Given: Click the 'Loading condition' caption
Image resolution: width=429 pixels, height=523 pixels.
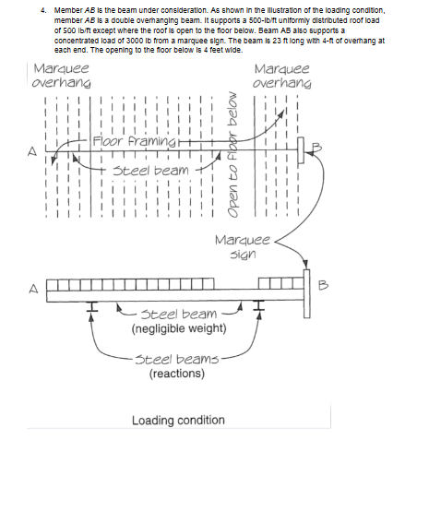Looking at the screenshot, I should point(178,421).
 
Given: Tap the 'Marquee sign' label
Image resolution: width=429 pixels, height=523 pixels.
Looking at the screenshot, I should point(241,246).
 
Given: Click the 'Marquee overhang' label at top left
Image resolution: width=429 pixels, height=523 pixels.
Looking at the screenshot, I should point(61,76).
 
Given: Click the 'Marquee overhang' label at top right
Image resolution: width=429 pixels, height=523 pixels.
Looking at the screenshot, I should point(281,76).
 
